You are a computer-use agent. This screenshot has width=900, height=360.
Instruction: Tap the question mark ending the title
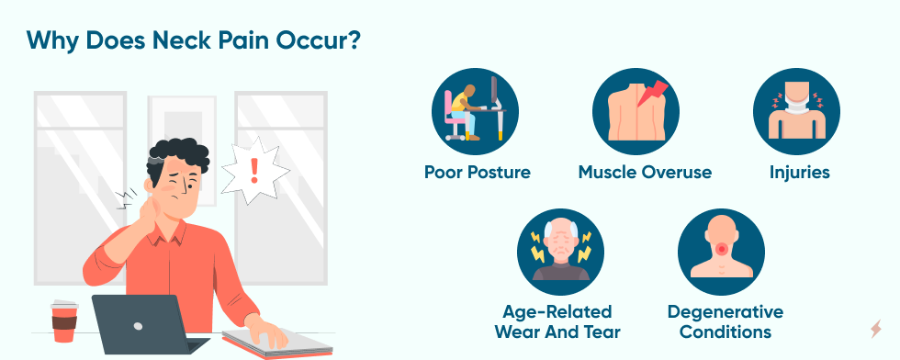[353, 40]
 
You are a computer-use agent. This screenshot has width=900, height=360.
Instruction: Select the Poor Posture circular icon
[476, 111]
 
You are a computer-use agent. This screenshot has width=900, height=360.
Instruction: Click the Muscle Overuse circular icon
[636, 111]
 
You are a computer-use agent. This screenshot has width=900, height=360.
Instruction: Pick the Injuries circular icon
[797, 111]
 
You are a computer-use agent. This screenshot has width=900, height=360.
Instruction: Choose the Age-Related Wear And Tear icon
[560, 252]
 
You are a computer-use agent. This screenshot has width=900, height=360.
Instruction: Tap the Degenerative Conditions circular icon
[721, 252]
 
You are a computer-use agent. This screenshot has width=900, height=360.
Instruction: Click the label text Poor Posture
[477, 173]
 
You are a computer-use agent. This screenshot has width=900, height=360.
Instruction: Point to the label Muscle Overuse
[645, 173]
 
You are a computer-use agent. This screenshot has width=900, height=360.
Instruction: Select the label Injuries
[800, 173]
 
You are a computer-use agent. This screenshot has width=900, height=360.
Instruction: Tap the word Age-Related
[557, 312]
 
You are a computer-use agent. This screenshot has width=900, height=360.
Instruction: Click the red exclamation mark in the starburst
[254, 171]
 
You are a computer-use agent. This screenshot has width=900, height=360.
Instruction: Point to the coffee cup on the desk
[64, 321]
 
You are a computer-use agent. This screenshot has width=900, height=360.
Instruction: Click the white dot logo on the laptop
[138, 326]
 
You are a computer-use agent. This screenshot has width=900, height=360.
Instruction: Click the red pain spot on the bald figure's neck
[722, 249]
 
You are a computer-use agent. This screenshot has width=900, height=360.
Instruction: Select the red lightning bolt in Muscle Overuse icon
[653, 95]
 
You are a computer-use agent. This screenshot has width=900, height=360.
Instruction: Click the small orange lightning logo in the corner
[875, 329]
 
